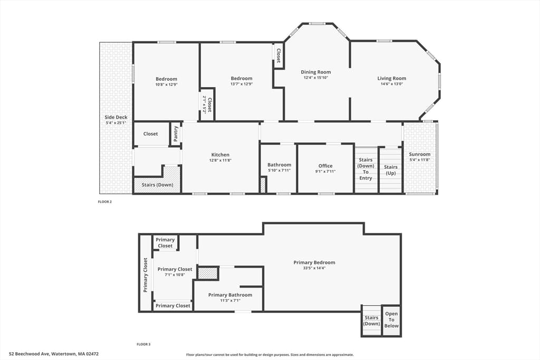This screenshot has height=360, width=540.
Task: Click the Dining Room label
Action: [316, 72]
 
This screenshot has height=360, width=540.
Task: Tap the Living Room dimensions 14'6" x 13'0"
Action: [392, 84]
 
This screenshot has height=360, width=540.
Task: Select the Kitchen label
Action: [220, 155]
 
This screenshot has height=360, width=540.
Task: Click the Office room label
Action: [325, 166]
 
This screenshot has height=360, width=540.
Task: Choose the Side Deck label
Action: [116, 118]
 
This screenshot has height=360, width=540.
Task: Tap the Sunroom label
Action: [420, 154]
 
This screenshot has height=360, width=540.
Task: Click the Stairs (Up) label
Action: [391, 170]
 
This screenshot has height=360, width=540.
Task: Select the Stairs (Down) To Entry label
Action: [366, 169]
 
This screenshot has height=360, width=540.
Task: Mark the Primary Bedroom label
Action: [314, 262]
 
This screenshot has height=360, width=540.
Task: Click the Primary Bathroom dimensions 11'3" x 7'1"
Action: [230, 300]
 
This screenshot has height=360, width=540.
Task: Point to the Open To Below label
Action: [392, 320]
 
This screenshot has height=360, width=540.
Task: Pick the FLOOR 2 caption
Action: [105, 202]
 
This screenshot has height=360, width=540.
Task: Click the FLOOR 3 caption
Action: [143, 344]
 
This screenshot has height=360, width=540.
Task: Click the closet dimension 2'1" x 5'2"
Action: [204, 105]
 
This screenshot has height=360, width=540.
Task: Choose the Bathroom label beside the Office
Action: [279, 165]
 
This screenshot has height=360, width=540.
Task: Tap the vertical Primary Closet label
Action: [146, 275]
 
